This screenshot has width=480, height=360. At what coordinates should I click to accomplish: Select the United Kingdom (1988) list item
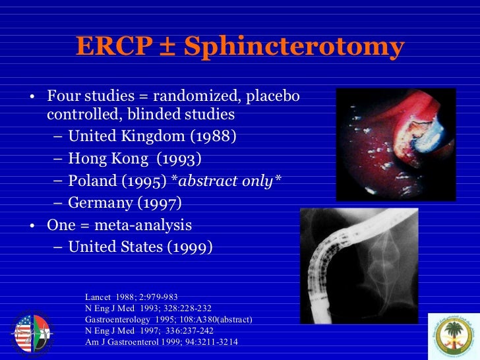tap(152, 137)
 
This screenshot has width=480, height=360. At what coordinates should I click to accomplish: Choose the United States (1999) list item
tap(140, 247)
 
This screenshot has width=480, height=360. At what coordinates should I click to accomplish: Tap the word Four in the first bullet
tap(64, 97)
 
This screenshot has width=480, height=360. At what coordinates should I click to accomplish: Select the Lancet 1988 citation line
tap(131, 297)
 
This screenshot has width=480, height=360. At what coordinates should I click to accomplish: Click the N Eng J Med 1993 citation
tap(148, 308)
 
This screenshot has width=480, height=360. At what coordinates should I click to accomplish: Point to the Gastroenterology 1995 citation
tap(169, 319)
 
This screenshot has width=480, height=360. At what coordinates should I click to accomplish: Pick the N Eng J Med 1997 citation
tap(148, 330)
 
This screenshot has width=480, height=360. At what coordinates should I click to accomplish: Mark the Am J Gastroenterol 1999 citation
tap(162, 342)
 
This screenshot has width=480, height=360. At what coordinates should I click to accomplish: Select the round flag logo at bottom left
tap(31, 334)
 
